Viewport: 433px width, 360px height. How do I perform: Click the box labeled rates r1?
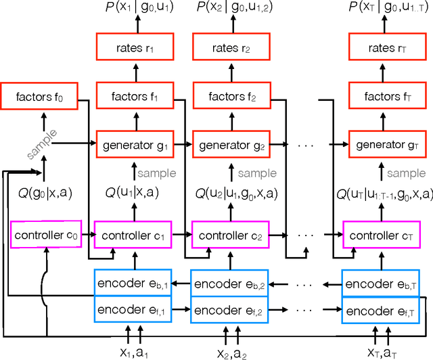(x=134, y=49)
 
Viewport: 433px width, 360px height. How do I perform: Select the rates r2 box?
(x=232, y=49)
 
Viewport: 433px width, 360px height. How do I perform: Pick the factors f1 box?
(x=134, y=97)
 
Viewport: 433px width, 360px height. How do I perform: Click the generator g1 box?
(x=134, y=144)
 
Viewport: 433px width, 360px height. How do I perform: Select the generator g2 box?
(x=232, y=144)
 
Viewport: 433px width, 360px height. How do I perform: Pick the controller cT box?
(x=386, y=235)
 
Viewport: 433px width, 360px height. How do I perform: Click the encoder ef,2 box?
(x=232, y=311)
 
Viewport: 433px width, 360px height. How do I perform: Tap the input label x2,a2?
(x=232, y=352)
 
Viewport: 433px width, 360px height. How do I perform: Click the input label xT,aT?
(x=386, y=352)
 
